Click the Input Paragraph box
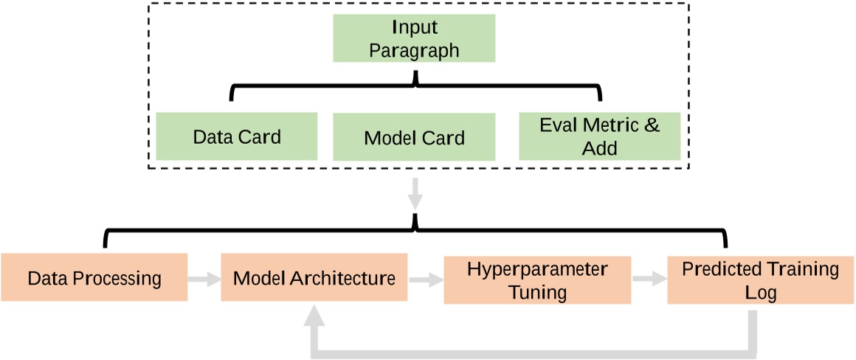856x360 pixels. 414,39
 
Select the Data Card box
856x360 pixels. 237,136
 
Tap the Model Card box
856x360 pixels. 414,137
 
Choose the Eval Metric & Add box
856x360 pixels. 599,136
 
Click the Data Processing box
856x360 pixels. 94,278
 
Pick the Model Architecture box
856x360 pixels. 314,278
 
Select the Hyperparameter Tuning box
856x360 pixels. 537,280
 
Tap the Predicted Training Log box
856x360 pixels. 760,280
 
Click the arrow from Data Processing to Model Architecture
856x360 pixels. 204,279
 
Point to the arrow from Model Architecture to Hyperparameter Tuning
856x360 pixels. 425,280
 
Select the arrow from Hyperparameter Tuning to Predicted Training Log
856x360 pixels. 649,280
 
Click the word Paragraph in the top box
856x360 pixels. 414,51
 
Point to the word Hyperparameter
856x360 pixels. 537,269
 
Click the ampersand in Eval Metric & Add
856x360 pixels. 652,125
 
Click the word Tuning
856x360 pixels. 537,291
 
